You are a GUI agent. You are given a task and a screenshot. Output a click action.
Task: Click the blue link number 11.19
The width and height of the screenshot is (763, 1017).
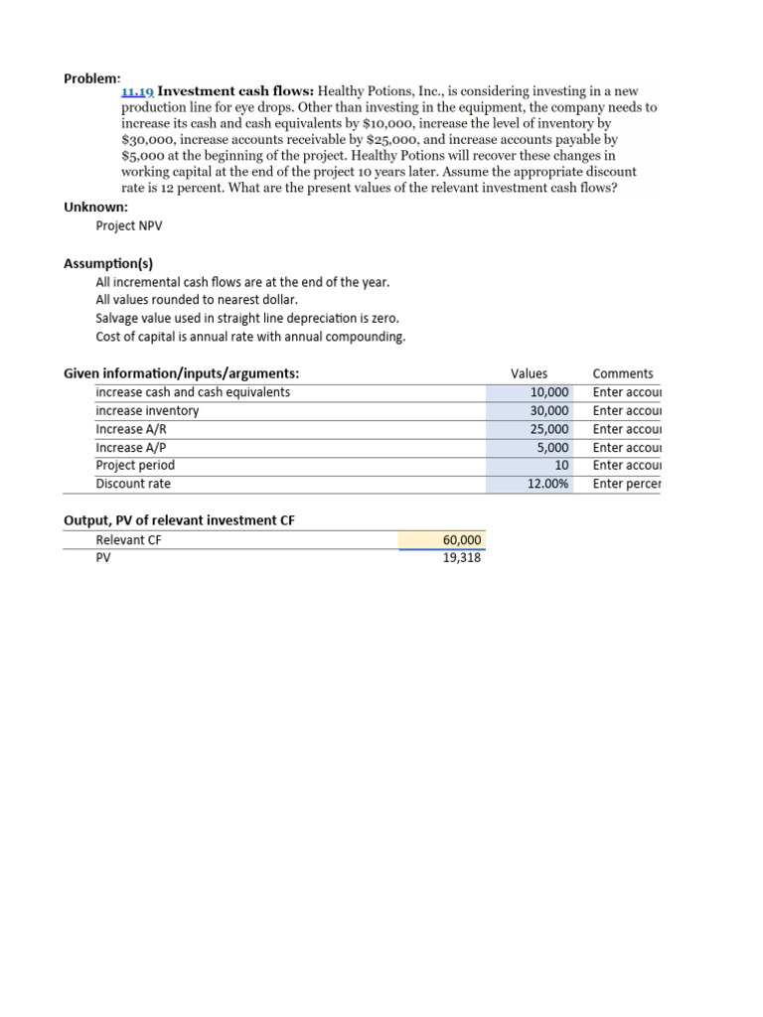click(x=137, y=91)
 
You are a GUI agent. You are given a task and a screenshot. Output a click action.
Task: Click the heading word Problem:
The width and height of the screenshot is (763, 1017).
click(x=92, y=77)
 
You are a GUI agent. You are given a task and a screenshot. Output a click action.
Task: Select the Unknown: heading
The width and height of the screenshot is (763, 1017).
click(x=95, y=208)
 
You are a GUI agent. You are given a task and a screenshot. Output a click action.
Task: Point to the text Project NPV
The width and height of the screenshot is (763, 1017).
click(x=128, y=226)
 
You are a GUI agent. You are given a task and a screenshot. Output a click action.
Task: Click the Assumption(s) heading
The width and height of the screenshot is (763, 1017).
click(x=108, y=263)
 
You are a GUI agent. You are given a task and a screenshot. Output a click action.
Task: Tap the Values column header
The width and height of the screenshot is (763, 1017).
click(x=529, y=373)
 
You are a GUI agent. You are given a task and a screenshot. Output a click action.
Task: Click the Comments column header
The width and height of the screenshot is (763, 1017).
click(x=623, y=373)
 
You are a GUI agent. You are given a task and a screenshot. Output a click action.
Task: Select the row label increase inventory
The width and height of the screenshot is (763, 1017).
click(x=147, y=410)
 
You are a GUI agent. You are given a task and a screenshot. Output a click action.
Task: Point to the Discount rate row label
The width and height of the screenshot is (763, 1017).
click(x=133, y=484)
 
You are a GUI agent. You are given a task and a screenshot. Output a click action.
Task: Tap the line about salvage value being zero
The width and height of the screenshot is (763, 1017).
click(x=247, y=318)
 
